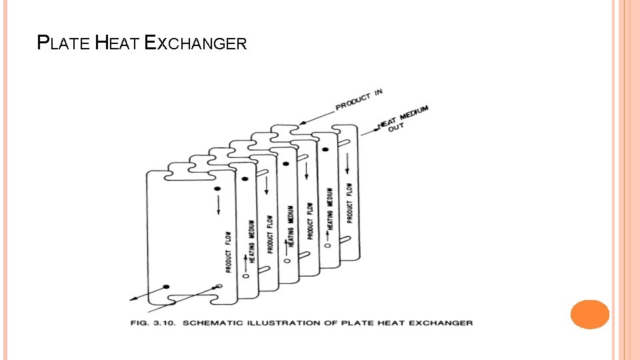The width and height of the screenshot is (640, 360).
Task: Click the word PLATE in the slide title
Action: click(63, 44)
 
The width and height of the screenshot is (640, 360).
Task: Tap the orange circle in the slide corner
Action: click(590, 314)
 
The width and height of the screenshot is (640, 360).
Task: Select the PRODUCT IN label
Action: click(359, 99)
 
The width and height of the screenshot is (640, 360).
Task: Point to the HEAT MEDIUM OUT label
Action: click(403, 119)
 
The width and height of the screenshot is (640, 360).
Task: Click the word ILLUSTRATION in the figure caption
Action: click(283, 323)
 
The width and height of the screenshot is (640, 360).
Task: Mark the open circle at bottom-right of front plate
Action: click(219, 287)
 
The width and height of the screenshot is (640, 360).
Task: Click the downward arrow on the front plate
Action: click(218, 207)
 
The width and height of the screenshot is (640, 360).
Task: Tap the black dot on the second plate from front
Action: click(245, 179)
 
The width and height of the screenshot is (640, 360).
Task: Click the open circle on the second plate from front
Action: click(245, 275)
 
